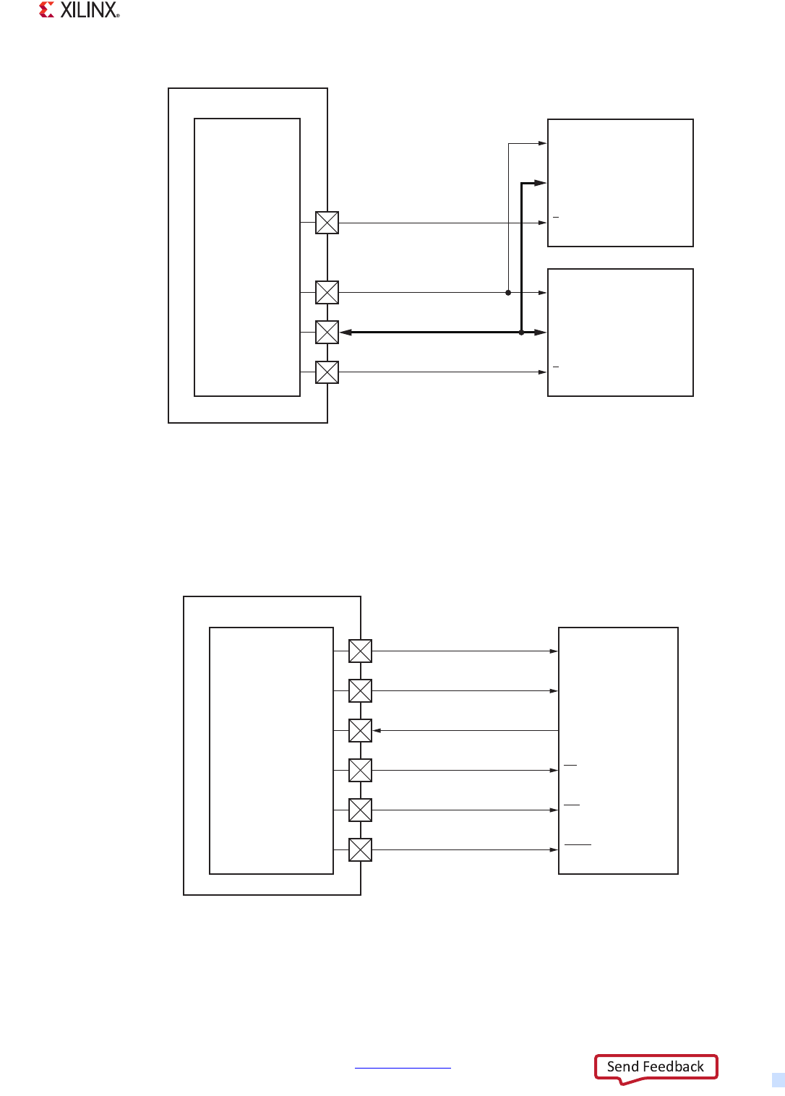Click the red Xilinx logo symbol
pos(47,9)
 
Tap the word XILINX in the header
pos(89,10)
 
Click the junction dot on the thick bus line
pos(521,333)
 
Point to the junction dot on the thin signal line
pos(508,293)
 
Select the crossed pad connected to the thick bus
pos(327,333)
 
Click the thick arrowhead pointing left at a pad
pos(346,333)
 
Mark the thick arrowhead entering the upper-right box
pos(540,184)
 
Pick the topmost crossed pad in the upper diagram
pos(327,223)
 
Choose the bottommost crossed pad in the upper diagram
pos(327,372)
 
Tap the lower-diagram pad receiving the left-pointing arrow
pos(360,731)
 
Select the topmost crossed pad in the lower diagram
pos(360,651)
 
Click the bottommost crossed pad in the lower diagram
pos(360,850)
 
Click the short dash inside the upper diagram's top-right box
pos(556,217)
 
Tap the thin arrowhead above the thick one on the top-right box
pos(542,144)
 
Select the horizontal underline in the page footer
pos(403,1068)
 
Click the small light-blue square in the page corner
pos(778,1080)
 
